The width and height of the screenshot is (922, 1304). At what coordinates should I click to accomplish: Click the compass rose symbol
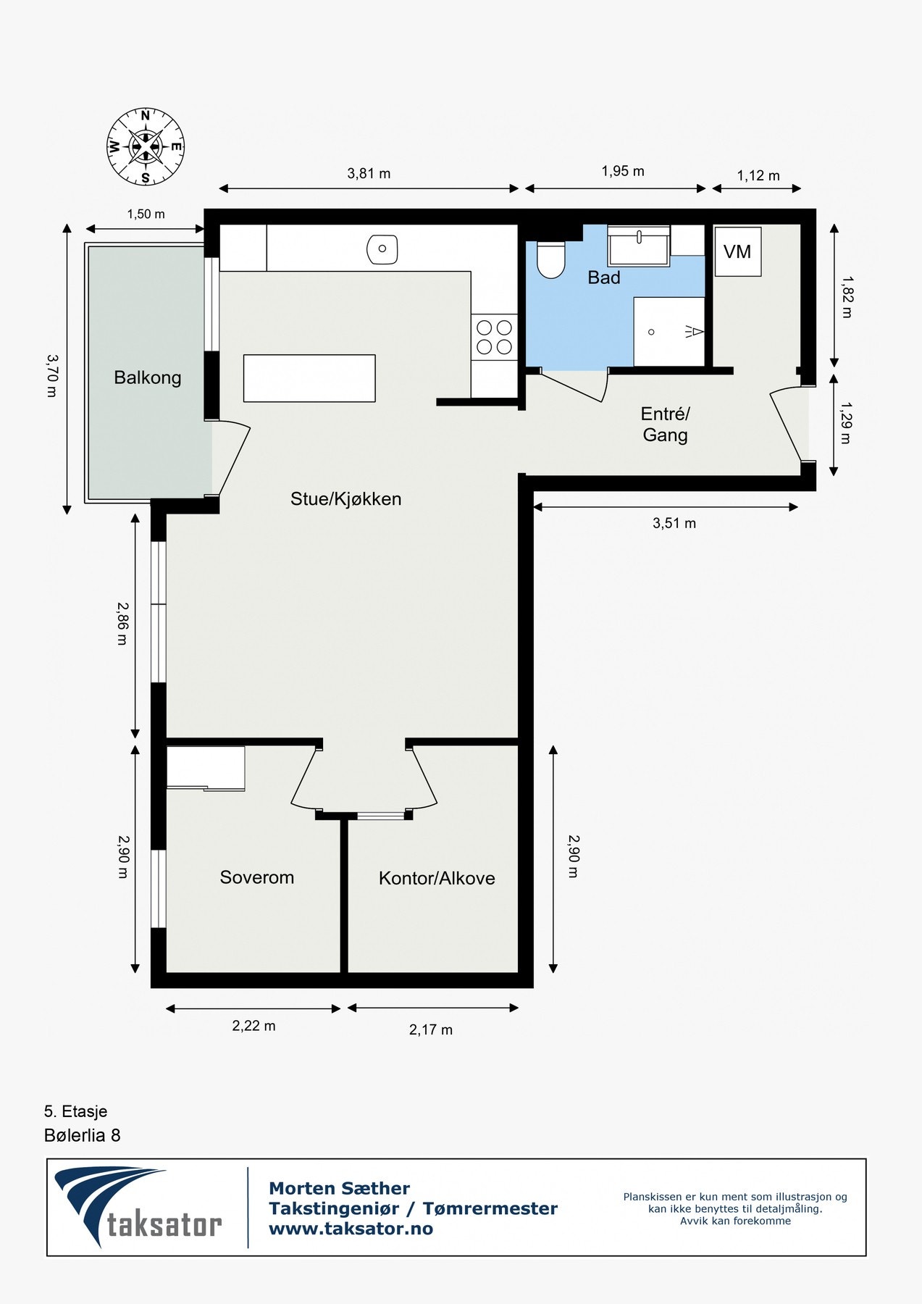tap(146, 146)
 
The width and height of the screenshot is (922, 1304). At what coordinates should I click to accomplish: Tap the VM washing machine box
tap(737, 251)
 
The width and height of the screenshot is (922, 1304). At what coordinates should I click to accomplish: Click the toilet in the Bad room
tap(550, 259)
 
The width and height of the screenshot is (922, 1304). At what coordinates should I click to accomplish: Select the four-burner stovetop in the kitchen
tap(494, 338)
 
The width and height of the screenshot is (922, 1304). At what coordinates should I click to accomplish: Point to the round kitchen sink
tap(382, 249)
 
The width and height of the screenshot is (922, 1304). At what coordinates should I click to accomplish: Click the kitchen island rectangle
tap(309, 378)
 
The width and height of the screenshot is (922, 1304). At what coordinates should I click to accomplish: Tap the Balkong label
tap(147, 377)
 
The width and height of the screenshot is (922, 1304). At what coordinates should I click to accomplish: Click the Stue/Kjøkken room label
tap(345, 499)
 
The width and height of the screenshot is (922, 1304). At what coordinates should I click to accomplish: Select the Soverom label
tap(256, 877)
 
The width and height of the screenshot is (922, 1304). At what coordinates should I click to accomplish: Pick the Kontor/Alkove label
tap(437, 878)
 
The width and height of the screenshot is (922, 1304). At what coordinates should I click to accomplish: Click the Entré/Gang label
tap(665, 425)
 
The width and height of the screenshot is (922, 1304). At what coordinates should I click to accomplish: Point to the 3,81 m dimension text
tap(369, 173)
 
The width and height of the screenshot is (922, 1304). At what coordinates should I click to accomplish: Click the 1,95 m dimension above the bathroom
tap(622, 171)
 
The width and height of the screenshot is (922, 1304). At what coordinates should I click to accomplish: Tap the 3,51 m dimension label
tap(674, 523)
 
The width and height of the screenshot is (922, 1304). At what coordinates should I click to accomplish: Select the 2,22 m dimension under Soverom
tap(253, 1026)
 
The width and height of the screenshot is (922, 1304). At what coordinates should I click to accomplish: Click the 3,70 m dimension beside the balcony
tap(51, 375)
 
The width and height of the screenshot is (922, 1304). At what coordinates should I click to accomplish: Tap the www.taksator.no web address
tap(351, 1229)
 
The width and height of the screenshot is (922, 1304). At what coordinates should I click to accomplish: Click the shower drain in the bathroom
tap(651, 332)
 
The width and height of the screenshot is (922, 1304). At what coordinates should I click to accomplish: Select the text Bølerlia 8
tap(82, 1135)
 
